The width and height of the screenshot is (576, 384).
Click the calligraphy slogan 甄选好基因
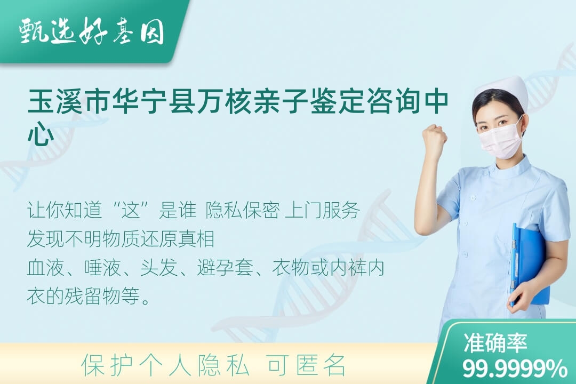click(x=92, y=31)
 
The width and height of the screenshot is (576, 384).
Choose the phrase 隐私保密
click(x=243, y=210)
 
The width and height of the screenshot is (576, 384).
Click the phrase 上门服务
click(x=322, y=210)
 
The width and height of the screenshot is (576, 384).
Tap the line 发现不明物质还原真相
click(x=121, y=239)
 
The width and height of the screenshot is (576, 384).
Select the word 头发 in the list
click(x=158, y=268)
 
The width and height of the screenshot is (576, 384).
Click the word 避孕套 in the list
click(x=225, y=268)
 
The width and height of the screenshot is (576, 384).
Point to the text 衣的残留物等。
click(x=89, y=296)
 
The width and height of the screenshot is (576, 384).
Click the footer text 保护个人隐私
click(x=166, y=365)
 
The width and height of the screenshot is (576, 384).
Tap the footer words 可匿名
click(x=306, y=365)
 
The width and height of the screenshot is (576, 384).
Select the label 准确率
click(x=495, y=343)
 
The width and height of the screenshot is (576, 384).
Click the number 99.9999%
click(x=515, y=369)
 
